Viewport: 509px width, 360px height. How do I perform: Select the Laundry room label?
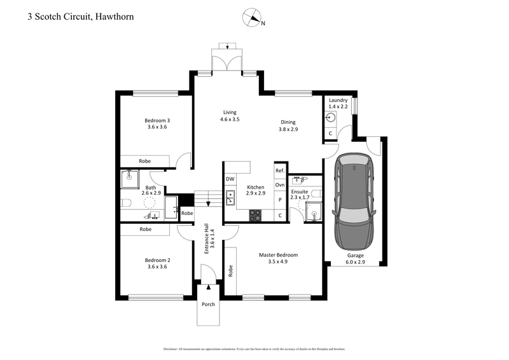pos(338,100)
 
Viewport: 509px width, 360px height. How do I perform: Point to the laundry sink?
pos(331,118)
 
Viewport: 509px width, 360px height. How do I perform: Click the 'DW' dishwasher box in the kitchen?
pos(230,179)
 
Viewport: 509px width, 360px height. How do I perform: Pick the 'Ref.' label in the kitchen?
pos(279,170)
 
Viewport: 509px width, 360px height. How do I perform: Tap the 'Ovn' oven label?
pos(279,184)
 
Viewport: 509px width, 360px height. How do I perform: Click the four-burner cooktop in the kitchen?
pos(255,214)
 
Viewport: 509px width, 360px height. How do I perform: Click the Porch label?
pos(208,304)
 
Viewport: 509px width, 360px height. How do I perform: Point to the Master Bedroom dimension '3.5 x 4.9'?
pos(278,261)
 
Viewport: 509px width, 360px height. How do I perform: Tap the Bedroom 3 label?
pos(157,120)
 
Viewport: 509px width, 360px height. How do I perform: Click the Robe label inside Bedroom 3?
pos(146,162)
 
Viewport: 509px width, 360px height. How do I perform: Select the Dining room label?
pos(288,122)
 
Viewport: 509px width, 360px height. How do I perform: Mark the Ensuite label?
pos(299,190)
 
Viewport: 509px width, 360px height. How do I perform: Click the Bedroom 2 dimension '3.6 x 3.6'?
pos(157,267)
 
